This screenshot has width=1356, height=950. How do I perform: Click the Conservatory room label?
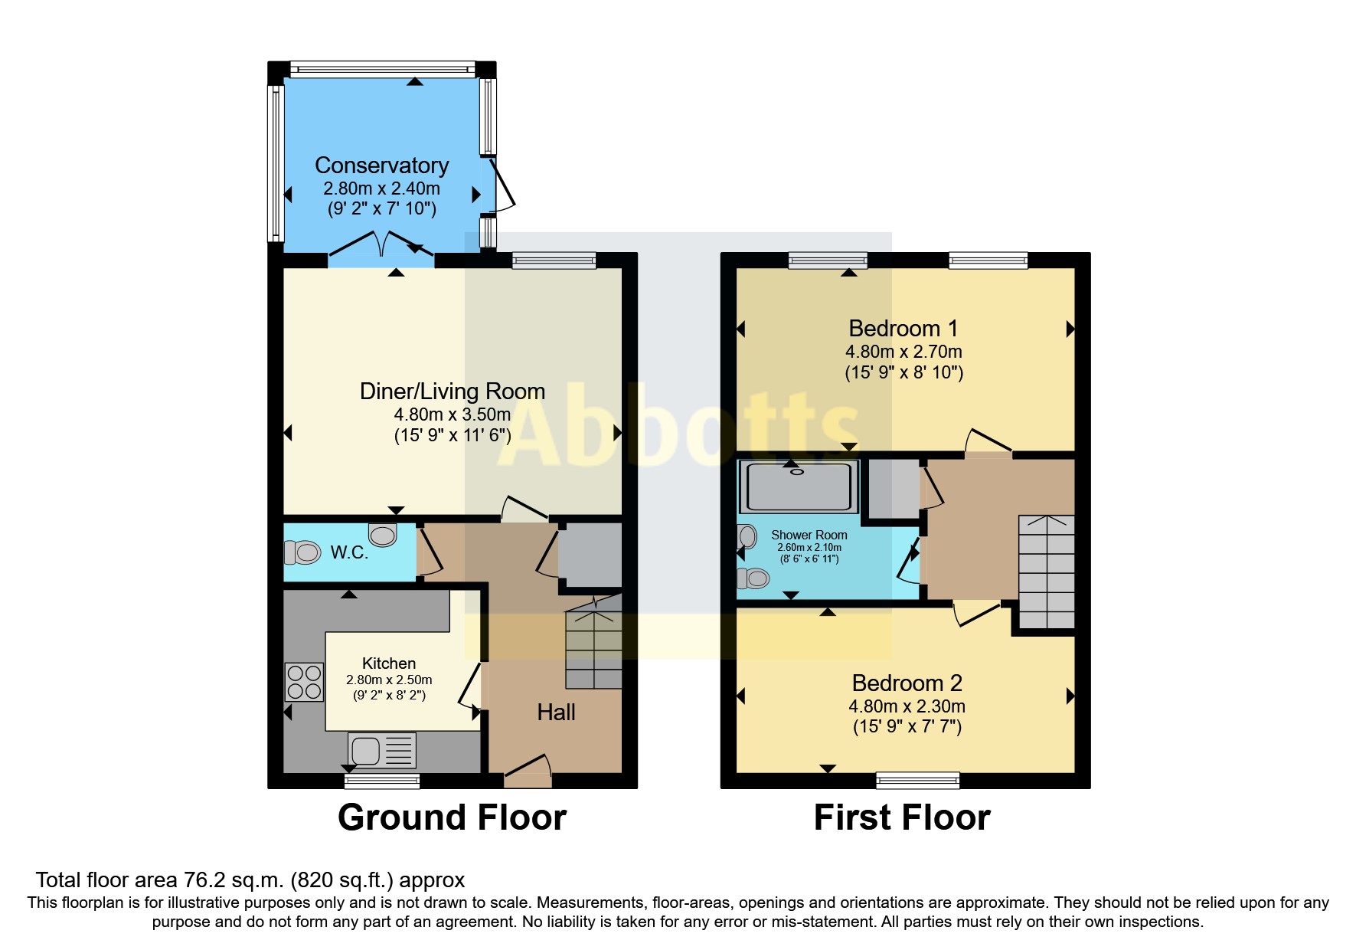pyautogui.click(x=381, y=165)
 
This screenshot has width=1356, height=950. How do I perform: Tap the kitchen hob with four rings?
pyautogui.click(x=304, y=682)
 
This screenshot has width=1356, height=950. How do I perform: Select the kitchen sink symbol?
pyautogui.click(x=381, y=750)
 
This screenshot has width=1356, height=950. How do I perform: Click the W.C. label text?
pyautogui.click(x=349, y=552)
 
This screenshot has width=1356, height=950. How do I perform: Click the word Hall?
pyautogui.click(x=556, y=712)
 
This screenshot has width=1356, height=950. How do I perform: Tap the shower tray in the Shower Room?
pyautogui.click(x=799, y=486)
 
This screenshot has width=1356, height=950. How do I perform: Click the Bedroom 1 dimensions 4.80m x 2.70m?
pyautogui.click(x=903, y=352)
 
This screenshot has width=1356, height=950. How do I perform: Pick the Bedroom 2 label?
pyautogui.click(x=907, y=683)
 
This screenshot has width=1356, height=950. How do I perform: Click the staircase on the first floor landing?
pyautogui.click(x=1046, y=572)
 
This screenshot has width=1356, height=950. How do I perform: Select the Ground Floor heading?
pyautogui.click(x=452, y=817)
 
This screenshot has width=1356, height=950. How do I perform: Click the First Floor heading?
pyautogui.click(x=902, y=817)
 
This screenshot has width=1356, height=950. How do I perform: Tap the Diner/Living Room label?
pyautogui.click(x=452, y=391)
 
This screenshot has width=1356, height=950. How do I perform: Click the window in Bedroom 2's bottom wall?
pyautogui.click(x=917, y=781)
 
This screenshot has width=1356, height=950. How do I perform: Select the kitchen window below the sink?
pyautogui.click(x=381, y=781)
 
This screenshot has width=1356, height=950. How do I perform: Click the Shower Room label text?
pyautogui.click(x=809, y=535)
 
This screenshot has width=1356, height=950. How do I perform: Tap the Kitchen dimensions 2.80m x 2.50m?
pyautogui.click(x=389, y=680)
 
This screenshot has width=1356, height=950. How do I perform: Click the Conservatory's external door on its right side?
pyautogui.click(x=502, y=184)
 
